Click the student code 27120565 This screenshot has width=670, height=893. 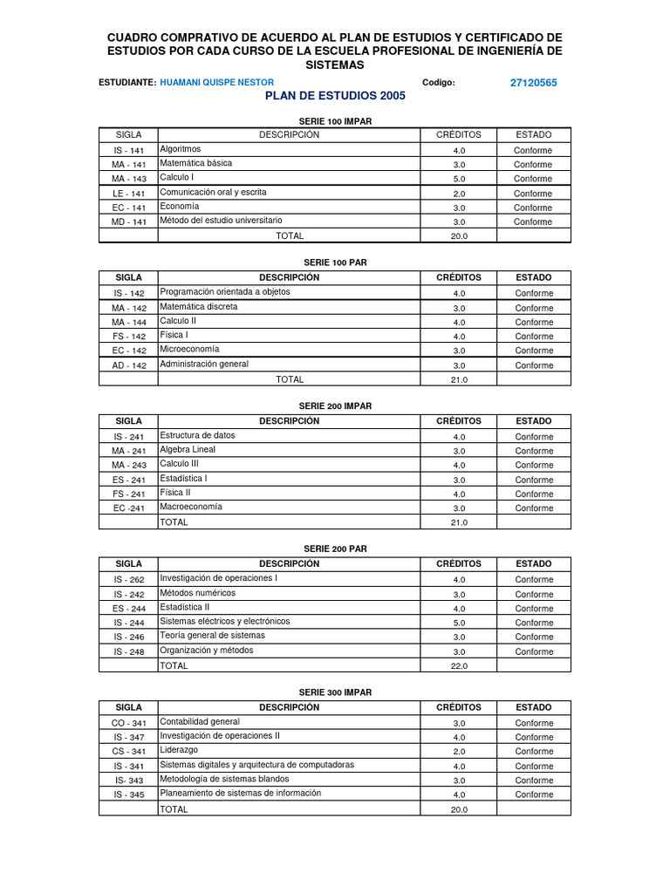click(x=533, y=83)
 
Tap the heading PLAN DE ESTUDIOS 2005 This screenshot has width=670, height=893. click(x=335, y=96)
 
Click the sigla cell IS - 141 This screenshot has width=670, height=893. click(x=129, y=150)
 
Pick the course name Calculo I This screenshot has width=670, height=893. click(x=177, y=177)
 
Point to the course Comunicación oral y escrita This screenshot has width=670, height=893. click(x=214, y=192)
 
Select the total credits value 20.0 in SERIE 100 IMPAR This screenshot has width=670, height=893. click(x=459, y=236)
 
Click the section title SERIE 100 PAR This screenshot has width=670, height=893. click(x=335, y=262)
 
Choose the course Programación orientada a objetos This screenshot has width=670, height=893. click(x=225, y=292)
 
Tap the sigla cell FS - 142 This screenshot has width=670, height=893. click(x=129, y=337)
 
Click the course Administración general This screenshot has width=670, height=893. click(x=204, y=365)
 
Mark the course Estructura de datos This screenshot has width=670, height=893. click(x=197, y=435)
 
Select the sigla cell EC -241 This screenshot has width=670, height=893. click(x=129, y=508)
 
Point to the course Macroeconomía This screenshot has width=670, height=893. click(x=191, y=507)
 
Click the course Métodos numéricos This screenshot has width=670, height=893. click(x=197, y=593)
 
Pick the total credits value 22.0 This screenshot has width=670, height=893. click(x=459, y=666)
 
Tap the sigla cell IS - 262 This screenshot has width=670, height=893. click(x=129, y=580)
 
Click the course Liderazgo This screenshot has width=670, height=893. click(x=179, y=750)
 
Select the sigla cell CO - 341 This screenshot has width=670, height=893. click(x=129, y=723)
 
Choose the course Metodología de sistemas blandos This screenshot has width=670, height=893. click(x=224, y=779)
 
